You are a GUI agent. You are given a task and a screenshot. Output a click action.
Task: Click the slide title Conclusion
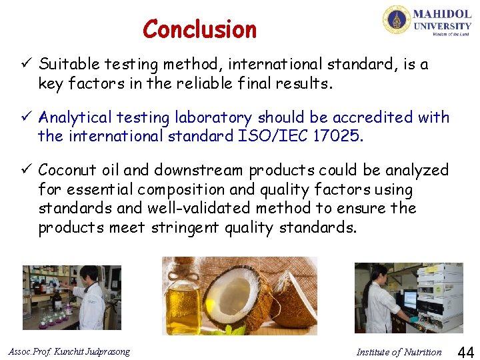[199, 29]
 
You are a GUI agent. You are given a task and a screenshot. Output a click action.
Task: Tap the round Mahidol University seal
[396, 19]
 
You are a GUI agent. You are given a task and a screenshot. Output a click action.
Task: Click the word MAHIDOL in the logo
[442, 13]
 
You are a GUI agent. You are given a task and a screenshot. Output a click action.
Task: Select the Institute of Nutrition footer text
[399, 352]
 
